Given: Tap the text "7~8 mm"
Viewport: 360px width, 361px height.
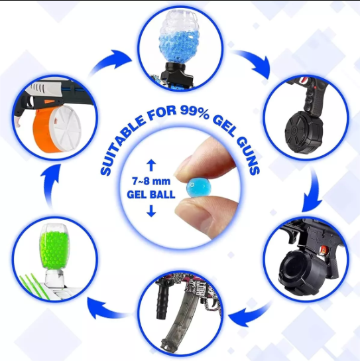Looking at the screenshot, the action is pos(151,181).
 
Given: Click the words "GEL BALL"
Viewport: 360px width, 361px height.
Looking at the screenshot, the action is pos(151,194).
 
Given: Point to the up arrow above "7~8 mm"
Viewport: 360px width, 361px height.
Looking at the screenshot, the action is pos(151,166).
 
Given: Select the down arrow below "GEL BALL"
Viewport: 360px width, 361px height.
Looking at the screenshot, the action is pos(151,211).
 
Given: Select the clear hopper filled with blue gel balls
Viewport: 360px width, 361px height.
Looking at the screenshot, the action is pos(178,37).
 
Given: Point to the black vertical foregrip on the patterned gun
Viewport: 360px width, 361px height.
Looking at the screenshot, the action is pos(162,299).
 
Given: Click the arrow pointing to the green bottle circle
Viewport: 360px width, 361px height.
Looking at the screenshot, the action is pos(108,308).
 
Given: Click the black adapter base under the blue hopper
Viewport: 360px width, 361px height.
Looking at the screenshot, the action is pos(176,73).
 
